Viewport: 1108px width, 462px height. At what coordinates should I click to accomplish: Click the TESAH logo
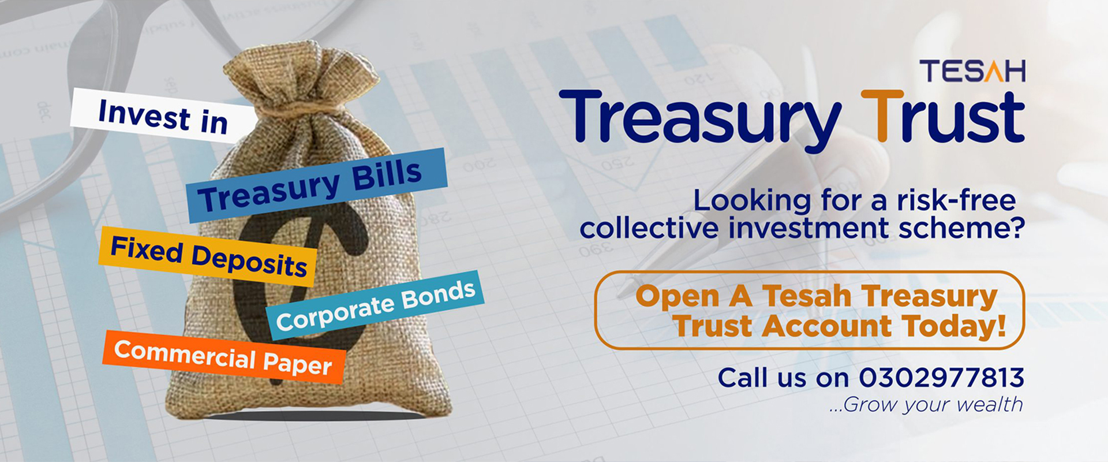972,71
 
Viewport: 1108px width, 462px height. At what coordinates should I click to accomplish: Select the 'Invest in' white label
163,116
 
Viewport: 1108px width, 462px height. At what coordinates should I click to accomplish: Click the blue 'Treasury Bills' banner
317,185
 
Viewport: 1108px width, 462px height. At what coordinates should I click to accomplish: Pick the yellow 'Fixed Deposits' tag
208,256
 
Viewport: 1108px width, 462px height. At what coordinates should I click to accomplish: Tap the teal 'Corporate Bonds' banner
375,304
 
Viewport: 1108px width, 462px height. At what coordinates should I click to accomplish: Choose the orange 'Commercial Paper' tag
224,356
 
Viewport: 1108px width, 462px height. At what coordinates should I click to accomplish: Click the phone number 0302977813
941,378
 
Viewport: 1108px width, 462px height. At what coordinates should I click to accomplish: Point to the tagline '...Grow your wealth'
926,405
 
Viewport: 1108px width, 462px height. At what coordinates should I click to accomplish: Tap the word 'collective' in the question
649,228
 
